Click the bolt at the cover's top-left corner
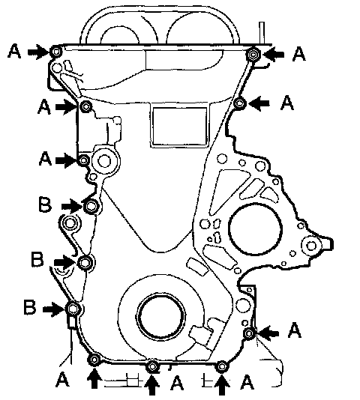tap(56, 52)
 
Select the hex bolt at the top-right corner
tap(253, 55)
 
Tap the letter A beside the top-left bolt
tap(14, 51)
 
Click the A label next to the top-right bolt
tap(299, 54)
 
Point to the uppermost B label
tap(45, 204)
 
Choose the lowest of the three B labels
tap(30, 307)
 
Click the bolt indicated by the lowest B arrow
tap(73, 309)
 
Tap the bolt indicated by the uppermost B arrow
tap(91, 206)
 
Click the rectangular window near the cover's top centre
tap(179, 126)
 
